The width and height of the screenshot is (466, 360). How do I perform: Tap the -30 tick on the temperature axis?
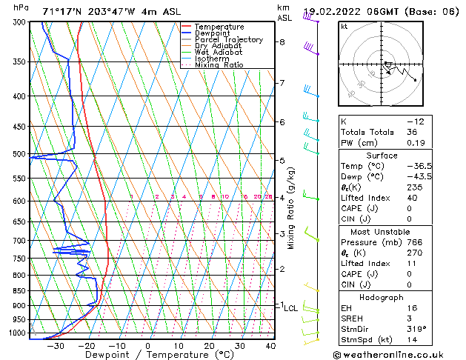pos(54,346)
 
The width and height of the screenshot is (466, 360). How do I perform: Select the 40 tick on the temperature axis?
pos(270,346)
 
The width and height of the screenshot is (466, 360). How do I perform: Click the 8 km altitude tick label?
pos(282,42)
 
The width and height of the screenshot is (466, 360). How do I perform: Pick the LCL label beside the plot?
pos(291,308)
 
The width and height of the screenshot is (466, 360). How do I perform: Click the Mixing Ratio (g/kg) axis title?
pos(291,208)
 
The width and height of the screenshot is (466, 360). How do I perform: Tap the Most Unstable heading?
pos(381,232)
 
